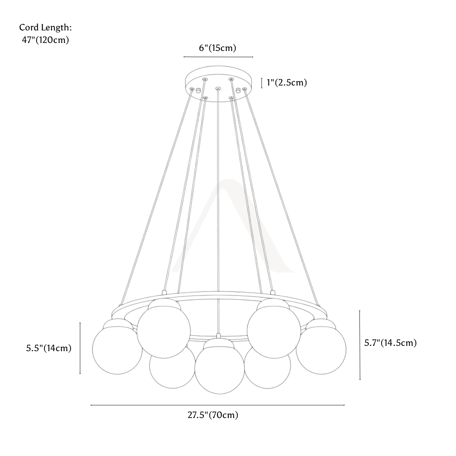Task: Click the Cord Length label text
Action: tap(46, 28)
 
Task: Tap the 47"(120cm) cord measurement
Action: tap(46, 40)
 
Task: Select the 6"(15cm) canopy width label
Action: tap(217, 48)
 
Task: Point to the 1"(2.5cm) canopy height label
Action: tap(287, 82)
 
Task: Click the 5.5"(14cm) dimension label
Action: tap(49, 348)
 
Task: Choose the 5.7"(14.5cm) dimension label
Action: tap(391, 343)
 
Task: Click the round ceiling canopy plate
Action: tap(218, 84)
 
